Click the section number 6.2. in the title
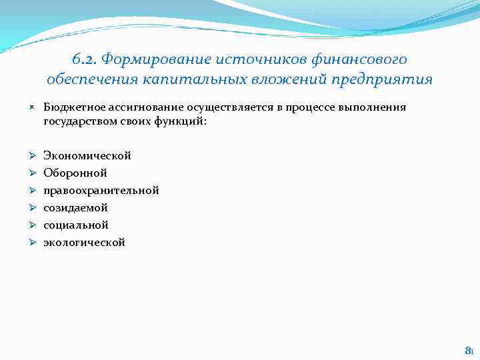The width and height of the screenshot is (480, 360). click(83, 59)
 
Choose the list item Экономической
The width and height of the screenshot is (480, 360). click(87, 155)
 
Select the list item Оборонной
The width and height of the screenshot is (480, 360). click(75, 173)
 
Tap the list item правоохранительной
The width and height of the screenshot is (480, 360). click(101, 190)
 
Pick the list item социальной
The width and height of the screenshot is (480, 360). click(76, 225)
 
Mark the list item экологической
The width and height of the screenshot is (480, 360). click(84, 242)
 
